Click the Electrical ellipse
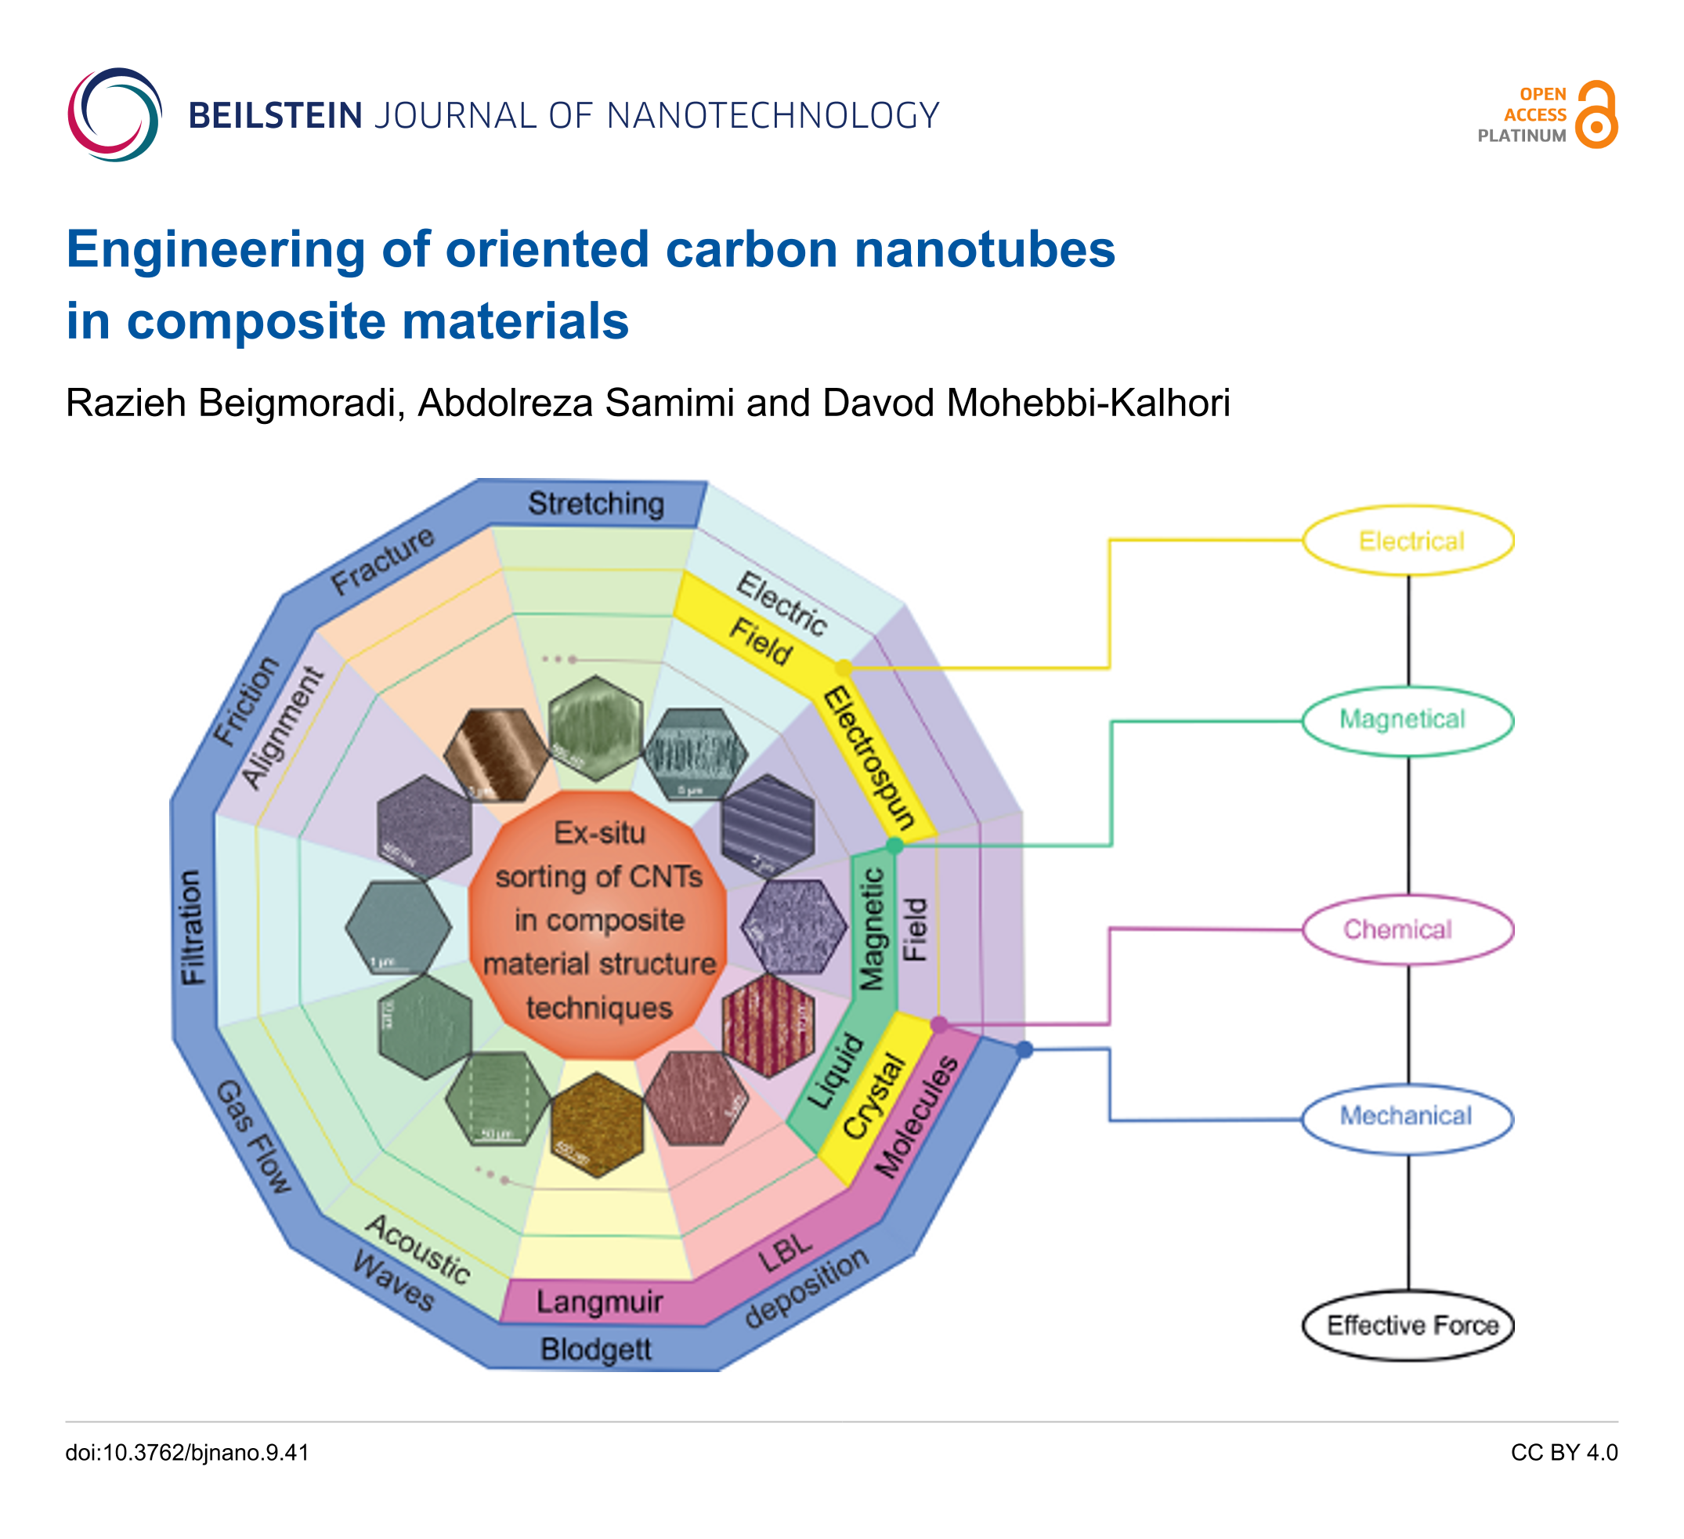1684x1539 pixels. [1408, 541]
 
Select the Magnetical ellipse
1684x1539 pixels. [1408, 720]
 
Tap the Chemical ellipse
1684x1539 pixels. [1408, 929]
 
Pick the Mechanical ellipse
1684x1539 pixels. [1408, 1116]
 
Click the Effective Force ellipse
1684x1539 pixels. [1408, 1325]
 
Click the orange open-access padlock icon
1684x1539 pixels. [1596, 115]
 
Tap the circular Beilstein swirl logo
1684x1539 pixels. [114, 114]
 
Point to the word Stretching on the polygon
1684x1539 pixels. [595, 504]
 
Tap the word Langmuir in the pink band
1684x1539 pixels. [599, 1302]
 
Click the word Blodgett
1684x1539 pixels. [595, 1349]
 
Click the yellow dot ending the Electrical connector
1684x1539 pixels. [844, 668]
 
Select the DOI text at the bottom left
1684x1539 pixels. [187, 1453]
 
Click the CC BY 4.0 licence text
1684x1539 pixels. [1563, 1453]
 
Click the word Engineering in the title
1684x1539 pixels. [215, 250]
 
